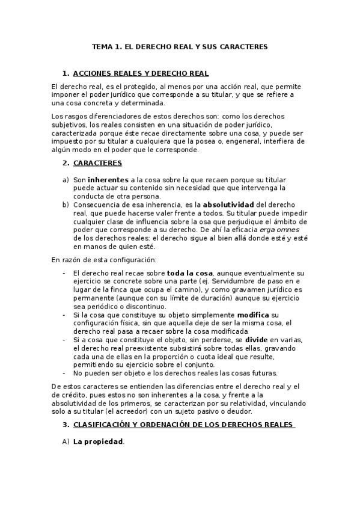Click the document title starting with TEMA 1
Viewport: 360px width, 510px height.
[x=180, y=46]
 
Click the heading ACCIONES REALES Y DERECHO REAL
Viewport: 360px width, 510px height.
[x=141, y=73]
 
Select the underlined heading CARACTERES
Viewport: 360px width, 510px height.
[x=97, y=163]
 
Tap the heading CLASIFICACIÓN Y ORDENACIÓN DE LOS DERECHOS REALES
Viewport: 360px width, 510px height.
[x=183, y=425]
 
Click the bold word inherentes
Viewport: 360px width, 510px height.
[x=108, y=179]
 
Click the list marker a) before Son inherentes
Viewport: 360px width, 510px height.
[x=66, y=179]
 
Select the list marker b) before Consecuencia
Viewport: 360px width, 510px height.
[x=66, y=204]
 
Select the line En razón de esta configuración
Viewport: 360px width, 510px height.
[x=96, y=259]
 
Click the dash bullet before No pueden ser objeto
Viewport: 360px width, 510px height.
[x=65, y=373]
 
